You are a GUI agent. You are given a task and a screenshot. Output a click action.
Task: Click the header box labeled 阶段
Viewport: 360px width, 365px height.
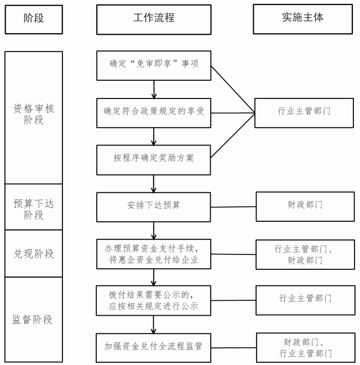pos(34,19)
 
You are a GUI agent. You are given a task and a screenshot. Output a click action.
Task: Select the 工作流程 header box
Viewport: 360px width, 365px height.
pos(154,19)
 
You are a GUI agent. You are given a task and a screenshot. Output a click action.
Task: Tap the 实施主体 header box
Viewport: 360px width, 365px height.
pos(302,19)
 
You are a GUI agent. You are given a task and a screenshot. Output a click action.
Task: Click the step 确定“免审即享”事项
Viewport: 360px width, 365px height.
pos(154,66)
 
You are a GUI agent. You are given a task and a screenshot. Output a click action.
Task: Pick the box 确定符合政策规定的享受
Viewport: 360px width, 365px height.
pos(154,113)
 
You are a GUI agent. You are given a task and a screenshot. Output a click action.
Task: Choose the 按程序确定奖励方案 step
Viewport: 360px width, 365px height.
pos(154,160)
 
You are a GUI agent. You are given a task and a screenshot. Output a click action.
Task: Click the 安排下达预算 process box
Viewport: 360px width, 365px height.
pos(154,207)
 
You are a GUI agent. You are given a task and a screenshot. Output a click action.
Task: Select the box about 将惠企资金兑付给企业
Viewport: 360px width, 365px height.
pos(154,254)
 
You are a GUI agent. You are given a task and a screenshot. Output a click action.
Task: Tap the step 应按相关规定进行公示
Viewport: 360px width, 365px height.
pos(154,300)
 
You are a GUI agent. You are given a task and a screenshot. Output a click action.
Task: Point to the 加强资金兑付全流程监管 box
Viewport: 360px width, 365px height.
pos(154,347)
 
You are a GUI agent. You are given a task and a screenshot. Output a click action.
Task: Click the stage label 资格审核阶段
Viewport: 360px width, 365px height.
pos(34,114)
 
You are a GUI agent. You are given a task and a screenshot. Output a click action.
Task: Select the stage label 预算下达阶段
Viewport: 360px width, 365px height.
pos(34,209)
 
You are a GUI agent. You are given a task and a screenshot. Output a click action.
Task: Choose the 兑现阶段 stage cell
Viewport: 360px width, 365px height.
pos(34,253)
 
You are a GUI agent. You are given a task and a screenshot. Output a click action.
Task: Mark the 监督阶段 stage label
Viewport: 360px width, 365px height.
pos(32,320)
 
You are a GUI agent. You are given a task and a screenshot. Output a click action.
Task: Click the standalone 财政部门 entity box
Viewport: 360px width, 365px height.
pos(305,206)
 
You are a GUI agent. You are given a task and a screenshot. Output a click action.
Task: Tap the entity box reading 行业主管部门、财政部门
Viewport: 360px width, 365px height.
pos(305,254)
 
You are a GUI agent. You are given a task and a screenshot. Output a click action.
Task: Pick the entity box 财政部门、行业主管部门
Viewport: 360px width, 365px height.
pos(306,347)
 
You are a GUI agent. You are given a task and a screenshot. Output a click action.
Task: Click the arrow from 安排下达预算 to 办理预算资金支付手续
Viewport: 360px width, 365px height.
pos(154,231)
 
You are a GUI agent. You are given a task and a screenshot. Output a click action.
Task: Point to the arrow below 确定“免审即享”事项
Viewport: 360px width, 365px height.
pos(154,90)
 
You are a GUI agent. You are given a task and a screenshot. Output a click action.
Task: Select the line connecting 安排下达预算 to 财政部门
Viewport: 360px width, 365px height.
pos(233,207)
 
